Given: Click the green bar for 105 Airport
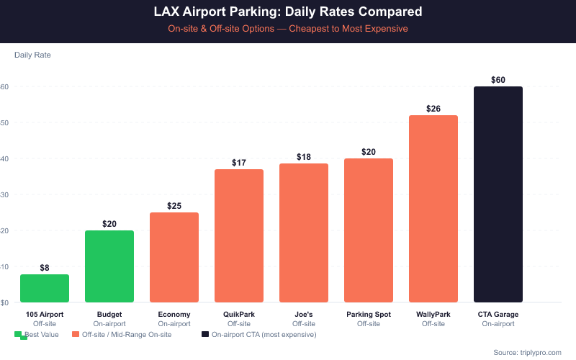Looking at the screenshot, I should [45, 288].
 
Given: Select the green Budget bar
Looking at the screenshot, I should [109, 266].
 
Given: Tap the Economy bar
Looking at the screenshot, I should [174, 257].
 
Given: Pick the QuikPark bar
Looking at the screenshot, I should [239, 235].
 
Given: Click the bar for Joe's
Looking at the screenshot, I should [304, 233].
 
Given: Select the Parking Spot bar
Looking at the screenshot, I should [369, 230].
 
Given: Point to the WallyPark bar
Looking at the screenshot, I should [433, 209].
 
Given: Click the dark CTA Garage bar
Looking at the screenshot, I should [498, 194].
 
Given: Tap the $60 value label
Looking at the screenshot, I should [498, 80].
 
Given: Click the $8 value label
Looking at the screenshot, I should [45, 268].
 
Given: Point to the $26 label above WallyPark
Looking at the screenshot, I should [433, 109].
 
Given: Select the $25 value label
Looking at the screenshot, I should [174, 206].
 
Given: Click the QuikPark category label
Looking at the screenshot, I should [239, 315].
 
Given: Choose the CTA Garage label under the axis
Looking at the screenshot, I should [498, 315].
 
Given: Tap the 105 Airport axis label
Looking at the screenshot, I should [45, 315].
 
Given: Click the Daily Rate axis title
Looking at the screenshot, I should [32, 55].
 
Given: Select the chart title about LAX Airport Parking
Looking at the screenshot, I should [288, 12].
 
